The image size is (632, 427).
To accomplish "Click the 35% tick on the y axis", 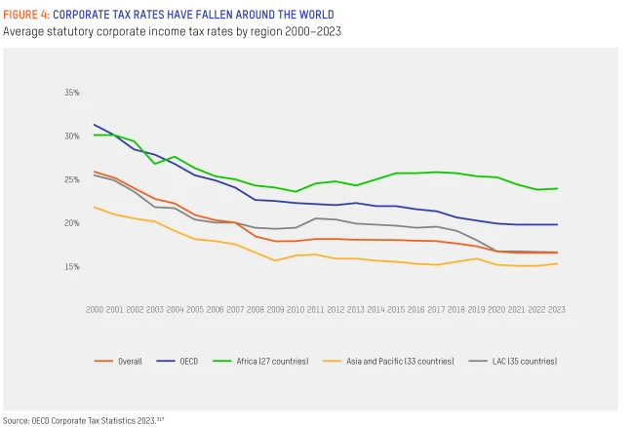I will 72,93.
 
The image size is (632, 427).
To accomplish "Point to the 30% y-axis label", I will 72,136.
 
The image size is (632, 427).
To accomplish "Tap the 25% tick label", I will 72,179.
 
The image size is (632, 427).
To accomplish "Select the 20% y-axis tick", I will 72,223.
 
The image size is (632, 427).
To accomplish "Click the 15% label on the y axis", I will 72,266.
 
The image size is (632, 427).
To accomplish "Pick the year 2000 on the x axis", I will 95,309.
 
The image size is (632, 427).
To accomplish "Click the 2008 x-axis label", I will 256,309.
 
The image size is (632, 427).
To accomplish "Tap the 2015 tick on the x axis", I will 396,309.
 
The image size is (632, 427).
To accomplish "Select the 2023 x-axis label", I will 557,309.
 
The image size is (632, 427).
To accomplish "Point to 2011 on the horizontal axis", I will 316,309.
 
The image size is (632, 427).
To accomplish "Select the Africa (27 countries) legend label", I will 272,361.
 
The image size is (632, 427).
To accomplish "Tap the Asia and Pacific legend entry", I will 400,361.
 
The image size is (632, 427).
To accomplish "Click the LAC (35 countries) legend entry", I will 525,361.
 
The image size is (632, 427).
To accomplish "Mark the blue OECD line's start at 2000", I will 95,125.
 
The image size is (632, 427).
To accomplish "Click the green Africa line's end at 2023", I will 557,188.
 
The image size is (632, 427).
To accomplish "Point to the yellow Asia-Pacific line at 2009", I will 275,260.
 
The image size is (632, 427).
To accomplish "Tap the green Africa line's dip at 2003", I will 155,163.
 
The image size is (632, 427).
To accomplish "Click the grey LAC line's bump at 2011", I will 316,218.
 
